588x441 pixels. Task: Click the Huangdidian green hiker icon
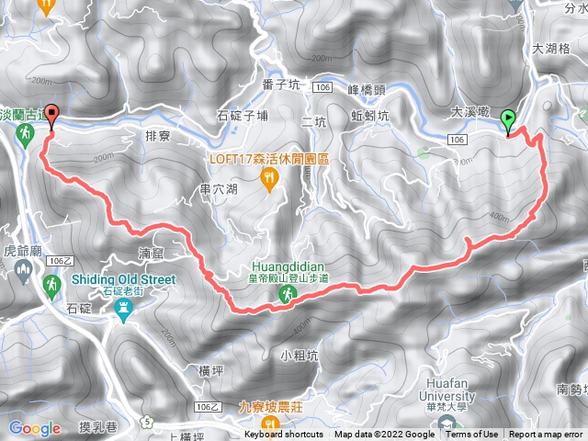click(x=288, y=294)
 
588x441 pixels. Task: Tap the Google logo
click(x=35, y=428)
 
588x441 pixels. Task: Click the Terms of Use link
click(x=472, y=435)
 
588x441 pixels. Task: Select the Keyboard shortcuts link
click(x=285, y=435)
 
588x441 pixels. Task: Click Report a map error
click(x=547, y=435)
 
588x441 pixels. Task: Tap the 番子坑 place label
click(x=281, y=84)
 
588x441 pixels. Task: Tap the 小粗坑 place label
click(x=300, y=354)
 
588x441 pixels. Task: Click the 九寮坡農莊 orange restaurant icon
click(x=269, y=423)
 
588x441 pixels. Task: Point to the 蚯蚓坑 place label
click(x=371, y=116)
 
